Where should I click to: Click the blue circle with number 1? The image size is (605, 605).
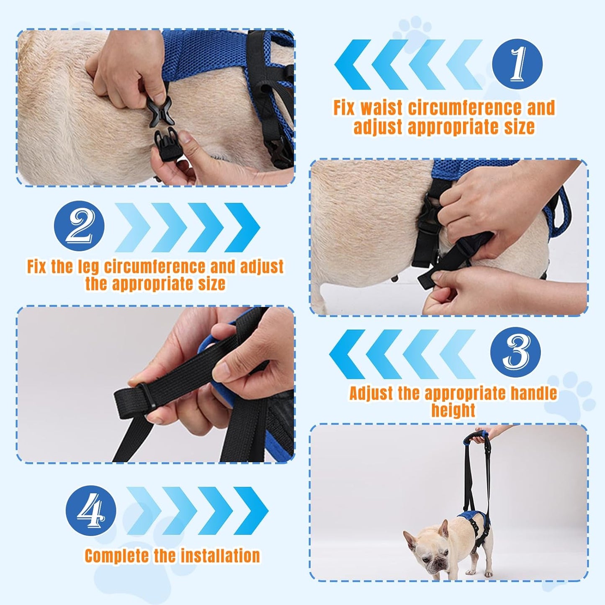tap(517, 64)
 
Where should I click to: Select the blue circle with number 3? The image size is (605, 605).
tap(515, 352)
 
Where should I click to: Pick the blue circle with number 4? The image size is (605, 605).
tap(91, 510)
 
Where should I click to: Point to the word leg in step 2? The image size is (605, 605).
tap(88, 267)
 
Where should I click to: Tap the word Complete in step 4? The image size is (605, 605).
tap(117, 556)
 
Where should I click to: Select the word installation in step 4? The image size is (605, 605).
tap(220, 556)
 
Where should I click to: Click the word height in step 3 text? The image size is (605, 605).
tap(453, 411)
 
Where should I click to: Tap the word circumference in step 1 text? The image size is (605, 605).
tap(465, 108)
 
